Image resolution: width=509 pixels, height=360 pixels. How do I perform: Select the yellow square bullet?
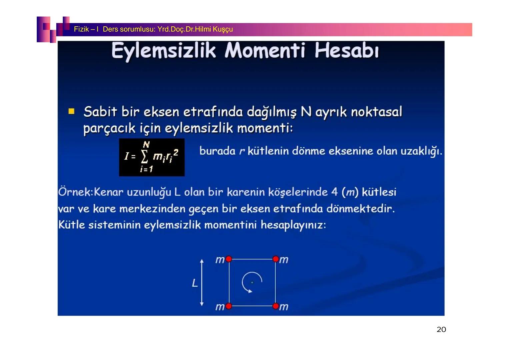[x=71, y=111]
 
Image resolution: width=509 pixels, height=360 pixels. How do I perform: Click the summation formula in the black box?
[x=152, y=157]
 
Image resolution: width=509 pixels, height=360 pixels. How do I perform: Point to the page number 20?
[x=441, y=330]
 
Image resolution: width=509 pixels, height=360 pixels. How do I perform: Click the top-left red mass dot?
[x=229, y=259]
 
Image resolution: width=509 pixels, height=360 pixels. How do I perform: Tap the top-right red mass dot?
[x=275, y=259]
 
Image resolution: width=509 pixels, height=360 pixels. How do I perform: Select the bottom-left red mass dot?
[x=229, y=306]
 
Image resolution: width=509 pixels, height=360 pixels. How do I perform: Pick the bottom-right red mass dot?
[x=275, y=306]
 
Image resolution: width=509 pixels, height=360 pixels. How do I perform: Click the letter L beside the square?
[x=195, y=283]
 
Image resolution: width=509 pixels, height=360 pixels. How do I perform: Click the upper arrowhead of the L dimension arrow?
[x=202, y=261]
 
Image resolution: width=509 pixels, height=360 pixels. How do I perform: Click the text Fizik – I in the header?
[x=86, y=29]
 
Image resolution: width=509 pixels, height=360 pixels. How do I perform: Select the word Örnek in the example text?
[x=75, y=192]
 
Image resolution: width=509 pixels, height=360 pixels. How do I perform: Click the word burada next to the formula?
[x=217, y=151]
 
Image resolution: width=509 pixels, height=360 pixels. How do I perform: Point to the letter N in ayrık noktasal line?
[x=306, y=112]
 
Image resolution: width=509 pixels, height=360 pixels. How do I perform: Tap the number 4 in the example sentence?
[x=334, y=192]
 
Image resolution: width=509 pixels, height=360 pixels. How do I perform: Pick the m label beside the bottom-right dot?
[x=284, y=307]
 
